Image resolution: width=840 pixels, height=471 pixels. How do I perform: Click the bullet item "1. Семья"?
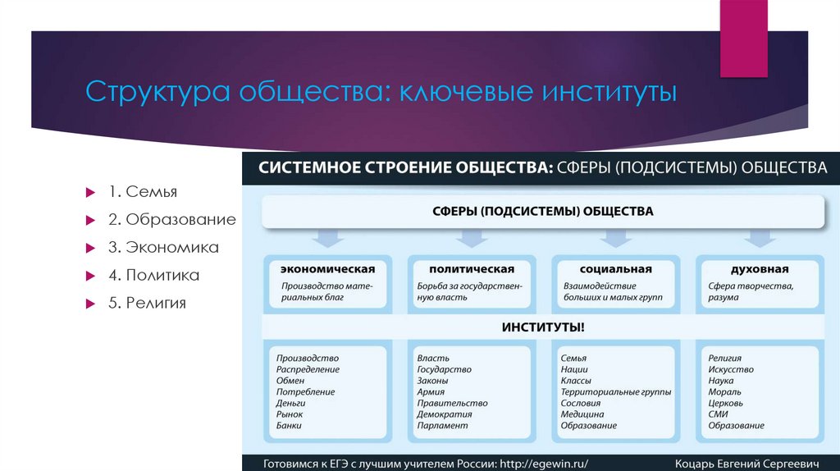(141, 192)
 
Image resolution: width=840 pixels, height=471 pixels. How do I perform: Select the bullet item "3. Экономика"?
(161, 247)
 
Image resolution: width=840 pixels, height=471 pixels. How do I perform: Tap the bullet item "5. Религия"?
(145, 303)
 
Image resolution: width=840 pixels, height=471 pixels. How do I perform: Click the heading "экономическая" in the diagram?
(327, 269)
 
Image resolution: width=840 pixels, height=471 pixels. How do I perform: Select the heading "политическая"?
(472, 269)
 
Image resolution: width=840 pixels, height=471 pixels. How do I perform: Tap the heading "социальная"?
(615, 269)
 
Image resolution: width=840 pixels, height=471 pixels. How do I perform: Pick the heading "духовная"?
(759, 269)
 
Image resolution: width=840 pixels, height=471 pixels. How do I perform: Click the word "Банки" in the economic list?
(289, 426)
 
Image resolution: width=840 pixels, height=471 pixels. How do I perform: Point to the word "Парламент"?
(442, 426)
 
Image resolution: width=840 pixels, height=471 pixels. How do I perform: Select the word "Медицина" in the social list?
(582, 414)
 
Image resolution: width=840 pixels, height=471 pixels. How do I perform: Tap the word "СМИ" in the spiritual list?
(719, 414)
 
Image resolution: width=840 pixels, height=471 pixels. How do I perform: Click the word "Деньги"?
(291, 404)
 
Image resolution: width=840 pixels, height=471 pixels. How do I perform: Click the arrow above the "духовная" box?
(759, 237)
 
